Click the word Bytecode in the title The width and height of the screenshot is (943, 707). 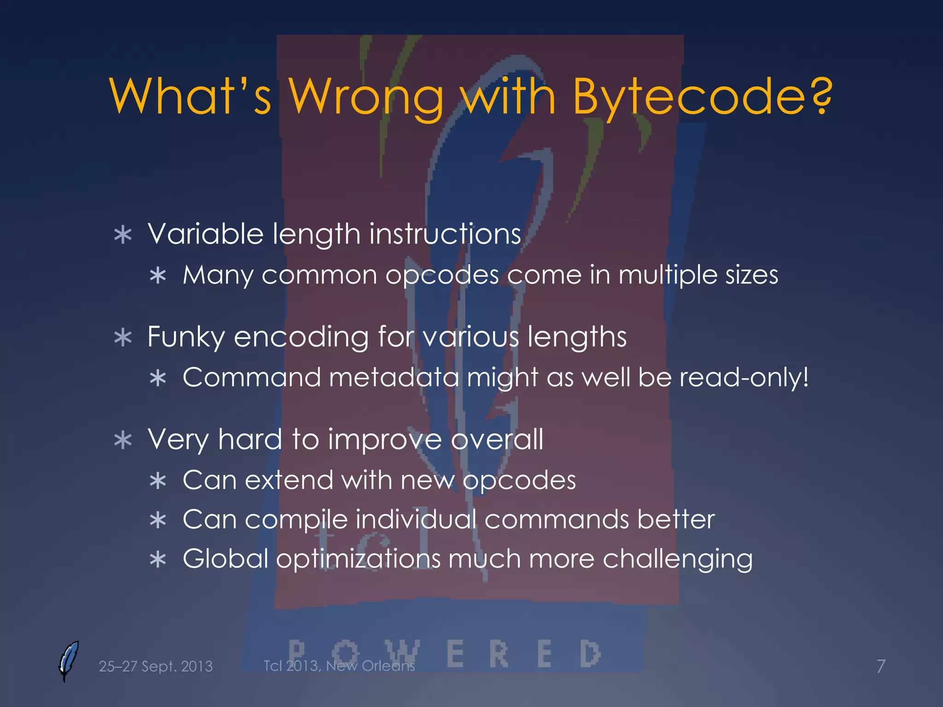click(688, 97)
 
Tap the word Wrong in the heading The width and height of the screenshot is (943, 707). click(366, 97)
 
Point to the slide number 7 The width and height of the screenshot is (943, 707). click(881, 666)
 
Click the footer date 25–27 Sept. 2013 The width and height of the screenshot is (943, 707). click(156, 666)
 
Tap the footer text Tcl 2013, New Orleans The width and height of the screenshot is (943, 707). click(339, 666)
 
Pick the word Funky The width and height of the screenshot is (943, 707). click(186, 337)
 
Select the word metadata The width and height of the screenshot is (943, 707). click(394, 377)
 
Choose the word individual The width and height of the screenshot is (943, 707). click(416, 519)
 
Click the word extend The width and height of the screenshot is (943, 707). click(289, 480)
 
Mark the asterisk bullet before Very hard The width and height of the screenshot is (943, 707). click(123, 440)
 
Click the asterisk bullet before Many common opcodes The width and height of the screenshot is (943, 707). click(158, 276)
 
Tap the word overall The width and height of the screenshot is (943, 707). click(497, 439)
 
